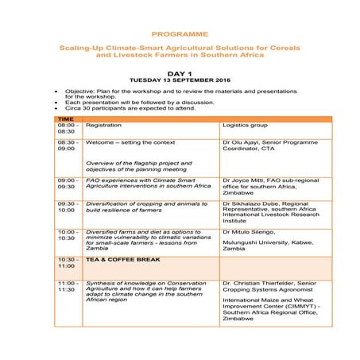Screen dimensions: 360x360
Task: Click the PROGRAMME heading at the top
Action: pyautogui.click(x=179, y=34)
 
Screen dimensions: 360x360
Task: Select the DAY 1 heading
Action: pyautogui.click(x=179, y=72)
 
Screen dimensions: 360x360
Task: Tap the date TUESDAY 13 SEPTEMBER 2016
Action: pyautogui.click(x=179, y=80)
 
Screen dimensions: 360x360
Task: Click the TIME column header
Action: pyautogui.click(x=66, y=118)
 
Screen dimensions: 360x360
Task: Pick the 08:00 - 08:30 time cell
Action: pyautogui.click(x=67, y=129)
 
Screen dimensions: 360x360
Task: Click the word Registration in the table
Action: pyautogui.click(x=103, y=126)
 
